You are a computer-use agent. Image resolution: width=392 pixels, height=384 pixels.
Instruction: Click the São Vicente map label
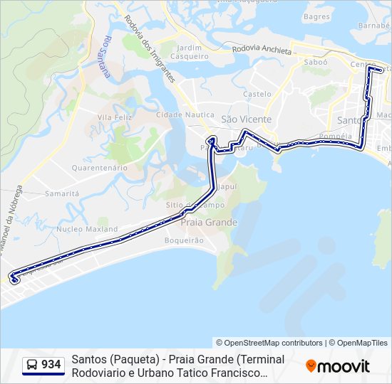[x=247, y=119]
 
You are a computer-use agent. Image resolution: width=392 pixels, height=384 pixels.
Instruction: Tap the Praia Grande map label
[x=210, y=222]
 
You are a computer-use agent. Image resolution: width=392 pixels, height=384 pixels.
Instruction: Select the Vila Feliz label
[x=115, y=117]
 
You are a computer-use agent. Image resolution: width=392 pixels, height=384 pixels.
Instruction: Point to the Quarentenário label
[x=99, y=168]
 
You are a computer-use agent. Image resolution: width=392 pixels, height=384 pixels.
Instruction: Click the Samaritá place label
[x=62, y=193]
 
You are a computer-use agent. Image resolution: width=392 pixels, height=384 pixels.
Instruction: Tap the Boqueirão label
[x=184, y=240]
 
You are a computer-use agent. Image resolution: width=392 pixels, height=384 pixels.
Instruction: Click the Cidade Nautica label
[x=185, y=114]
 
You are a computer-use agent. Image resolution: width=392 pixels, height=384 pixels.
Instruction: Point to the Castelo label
[x=257, y=93]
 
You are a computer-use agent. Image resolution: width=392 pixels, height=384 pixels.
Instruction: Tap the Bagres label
[x=316, y=16]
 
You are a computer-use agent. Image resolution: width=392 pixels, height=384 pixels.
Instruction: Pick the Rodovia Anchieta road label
[x=262, y=50]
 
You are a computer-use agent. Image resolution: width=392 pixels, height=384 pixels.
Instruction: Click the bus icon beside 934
[x=32, y=365]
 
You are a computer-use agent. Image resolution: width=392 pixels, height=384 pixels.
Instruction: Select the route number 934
[x=51, y=365]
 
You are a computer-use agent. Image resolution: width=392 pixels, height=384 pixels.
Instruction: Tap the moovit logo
[x=338, y=366]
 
